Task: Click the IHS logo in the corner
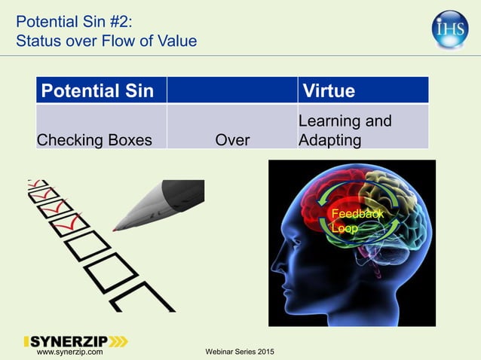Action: coord(450,29)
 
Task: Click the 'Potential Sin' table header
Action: coord(96,91)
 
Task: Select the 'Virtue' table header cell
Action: coord(329,91)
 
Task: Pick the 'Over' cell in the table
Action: coord(232,139)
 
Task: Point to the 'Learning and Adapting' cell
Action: coord(345,130)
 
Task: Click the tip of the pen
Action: coord(115,227)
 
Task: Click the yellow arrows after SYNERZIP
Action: coord(117,342)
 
